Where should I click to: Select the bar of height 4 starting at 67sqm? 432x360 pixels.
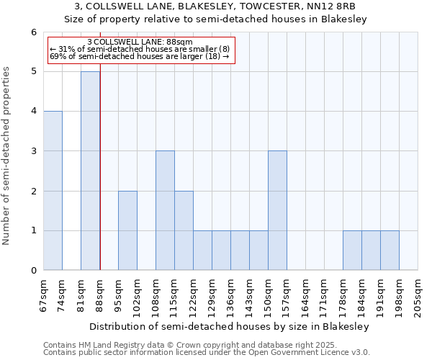tap(53, 191)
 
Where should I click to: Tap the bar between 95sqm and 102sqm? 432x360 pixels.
tap(127, 230)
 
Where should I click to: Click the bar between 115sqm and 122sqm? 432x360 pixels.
tap(184, 230)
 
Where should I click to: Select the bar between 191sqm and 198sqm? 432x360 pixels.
tap(390, 251)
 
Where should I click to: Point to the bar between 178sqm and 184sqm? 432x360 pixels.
tap(352, 251)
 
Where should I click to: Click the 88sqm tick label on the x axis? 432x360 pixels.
tap(100, 295)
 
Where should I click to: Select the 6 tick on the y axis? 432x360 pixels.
tap(33, 32)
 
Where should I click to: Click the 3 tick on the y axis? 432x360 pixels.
tap(33, 151)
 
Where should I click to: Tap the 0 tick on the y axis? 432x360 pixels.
tap(33, 271)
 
